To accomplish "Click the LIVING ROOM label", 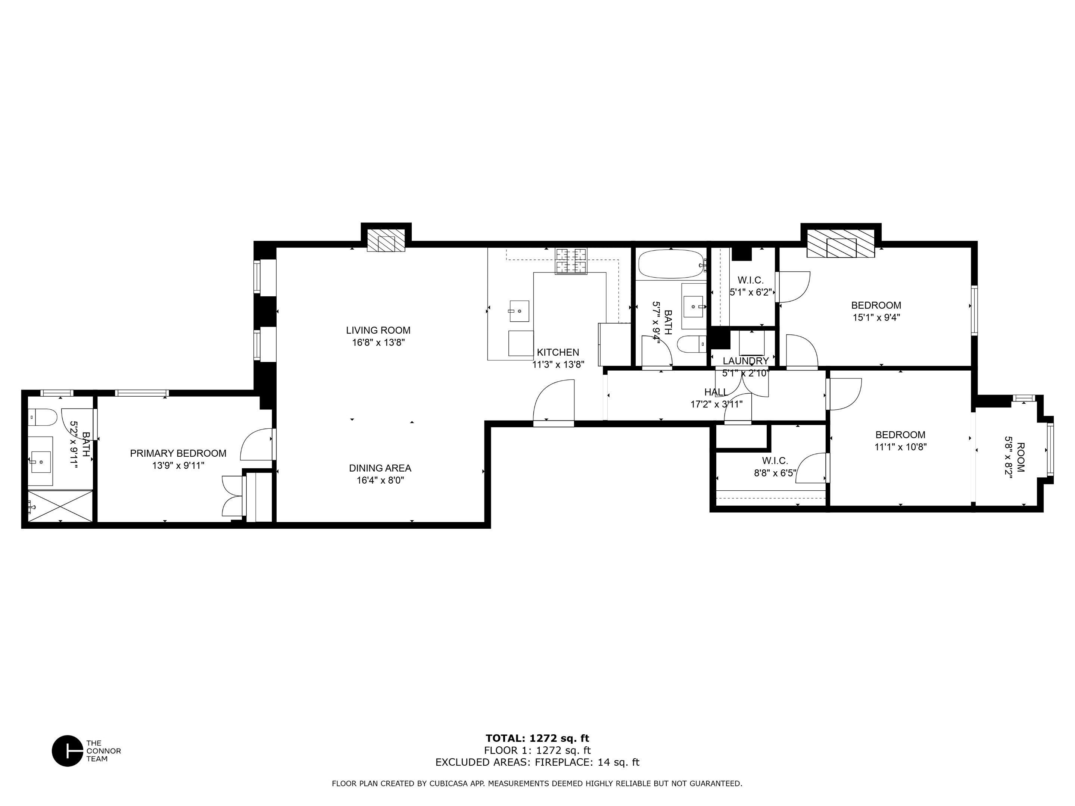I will click(x=378, y=330).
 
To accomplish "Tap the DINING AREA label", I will click(x=380, y=468).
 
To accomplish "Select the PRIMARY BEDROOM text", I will click(x=178, y=453).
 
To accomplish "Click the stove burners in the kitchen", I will click(x=571, y=261).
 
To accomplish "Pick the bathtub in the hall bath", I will click(x=671, y=264).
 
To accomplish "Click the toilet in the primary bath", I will click(x=44, y=417).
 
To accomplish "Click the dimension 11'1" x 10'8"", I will click(x=901, y=447).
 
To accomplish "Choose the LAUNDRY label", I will click(x=745, y=361).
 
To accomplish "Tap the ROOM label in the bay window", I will click(x=1021, y=457).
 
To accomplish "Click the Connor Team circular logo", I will click(x=68, y=751).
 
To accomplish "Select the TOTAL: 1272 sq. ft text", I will click(x=537, y=738).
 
